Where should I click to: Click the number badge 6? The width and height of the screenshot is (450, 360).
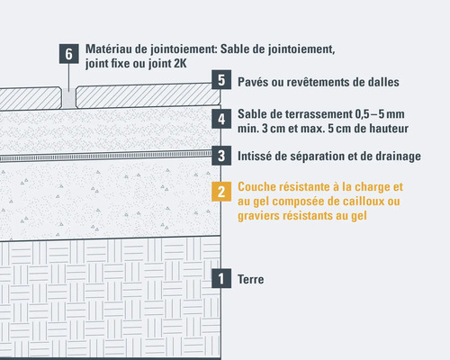(68, 54)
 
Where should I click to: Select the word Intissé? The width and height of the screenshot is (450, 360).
(258, 157)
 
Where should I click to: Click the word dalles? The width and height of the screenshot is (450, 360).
(380, 82)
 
